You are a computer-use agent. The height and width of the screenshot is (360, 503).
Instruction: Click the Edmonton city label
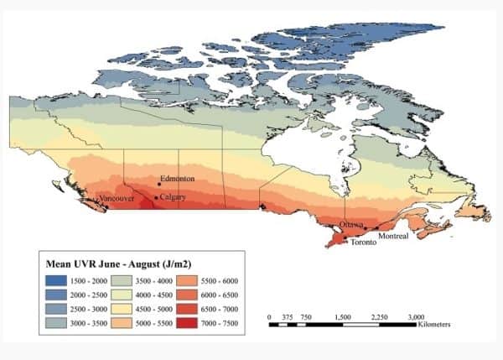tap(179, 180)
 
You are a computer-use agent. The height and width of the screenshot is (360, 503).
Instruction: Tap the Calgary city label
tap(173, 197)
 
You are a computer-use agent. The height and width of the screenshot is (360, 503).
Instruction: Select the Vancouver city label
tap(117, 198)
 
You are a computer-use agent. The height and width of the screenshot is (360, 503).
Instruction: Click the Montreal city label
tap(394, 236)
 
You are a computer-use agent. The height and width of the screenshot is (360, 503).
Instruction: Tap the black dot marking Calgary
tap(156, 198)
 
